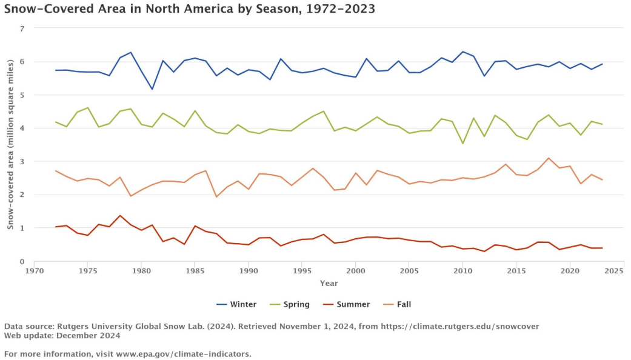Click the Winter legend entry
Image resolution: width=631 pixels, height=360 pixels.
[236, 304]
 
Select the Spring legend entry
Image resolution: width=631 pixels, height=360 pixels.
[289, 304]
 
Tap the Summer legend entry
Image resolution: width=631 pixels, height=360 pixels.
[347, 304]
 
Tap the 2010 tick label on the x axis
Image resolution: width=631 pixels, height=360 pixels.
[462, 271]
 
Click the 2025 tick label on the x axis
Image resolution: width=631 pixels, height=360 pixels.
[614, 271]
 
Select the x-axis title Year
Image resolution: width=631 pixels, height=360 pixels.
[329, 283]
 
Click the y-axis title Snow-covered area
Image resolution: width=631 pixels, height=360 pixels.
[10, 144]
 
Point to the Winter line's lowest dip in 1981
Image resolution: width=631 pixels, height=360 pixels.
[152, 89]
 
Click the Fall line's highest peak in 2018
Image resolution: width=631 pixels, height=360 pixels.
[548, 158]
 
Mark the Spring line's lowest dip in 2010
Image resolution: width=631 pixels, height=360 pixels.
[462, 143]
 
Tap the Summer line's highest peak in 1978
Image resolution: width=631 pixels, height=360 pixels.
[120, 216]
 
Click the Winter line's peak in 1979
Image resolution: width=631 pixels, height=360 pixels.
[131, 52]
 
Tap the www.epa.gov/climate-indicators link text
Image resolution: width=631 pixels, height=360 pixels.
[184, 354]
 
